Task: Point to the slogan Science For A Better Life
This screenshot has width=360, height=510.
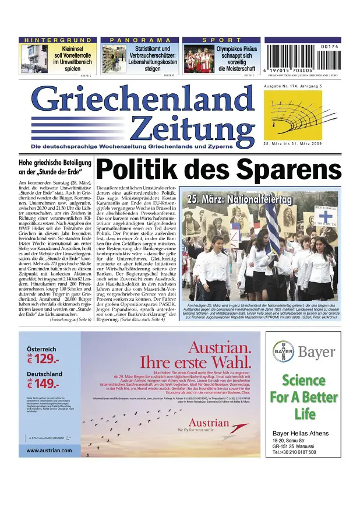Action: (303, 397)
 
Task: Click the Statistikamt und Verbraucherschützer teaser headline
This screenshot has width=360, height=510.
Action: (153, 59)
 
